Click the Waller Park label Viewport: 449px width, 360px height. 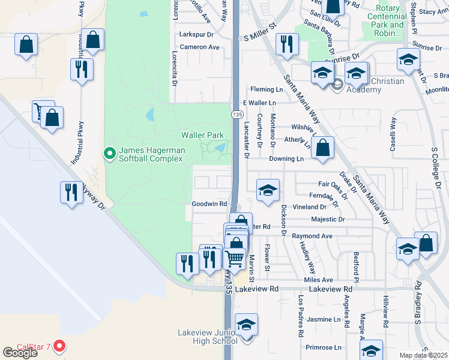pos(202,136)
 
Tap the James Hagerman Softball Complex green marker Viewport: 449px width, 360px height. pos(109,154)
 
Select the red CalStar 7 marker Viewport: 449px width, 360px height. pos(59,346)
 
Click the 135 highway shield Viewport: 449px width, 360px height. pos(238,114)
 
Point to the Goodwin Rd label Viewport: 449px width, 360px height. pos(209,204)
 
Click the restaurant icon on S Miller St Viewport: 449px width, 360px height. pos(286,44)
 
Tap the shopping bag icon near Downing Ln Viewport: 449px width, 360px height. pos(323,148)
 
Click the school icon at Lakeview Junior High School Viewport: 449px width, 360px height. pos(246,326)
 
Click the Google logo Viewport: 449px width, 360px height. pos(20,353)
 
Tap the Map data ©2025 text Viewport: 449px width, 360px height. pos(424,355)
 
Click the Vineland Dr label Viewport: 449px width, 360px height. pos(309,207)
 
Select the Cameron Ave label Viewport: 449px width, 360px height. pos(200,47)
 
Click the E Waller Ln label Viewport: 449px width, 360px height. pos(258,103)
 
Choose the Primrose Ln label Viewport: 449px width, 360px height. pos(323,347)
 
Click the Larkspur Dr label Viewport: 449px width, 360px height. pos(197,34)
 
